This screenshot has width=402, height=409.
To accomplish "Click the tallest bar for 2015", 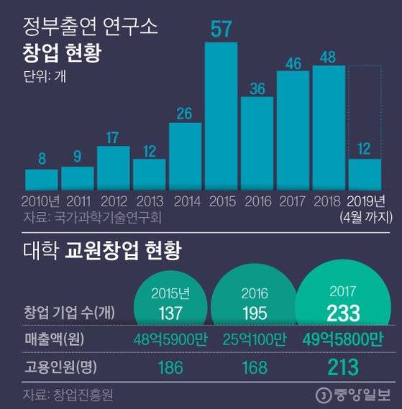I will tap(221, 115).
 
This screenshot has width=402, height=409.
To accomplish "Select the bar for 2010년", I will tap(41, 178).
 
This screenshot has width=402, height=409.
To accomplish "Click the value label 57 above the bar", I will tap(221, 29).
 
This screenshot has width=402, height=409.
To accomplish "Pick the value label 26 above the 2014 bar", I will tap(186, 114).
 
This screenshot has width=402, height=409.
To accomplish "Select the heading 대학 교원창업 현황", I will tap(100, 252).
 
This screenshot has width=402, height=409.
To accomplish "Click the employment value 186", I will tap(170, 367).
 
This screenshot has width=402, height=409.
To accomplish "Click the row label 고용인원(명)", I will tap(59, 367).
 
